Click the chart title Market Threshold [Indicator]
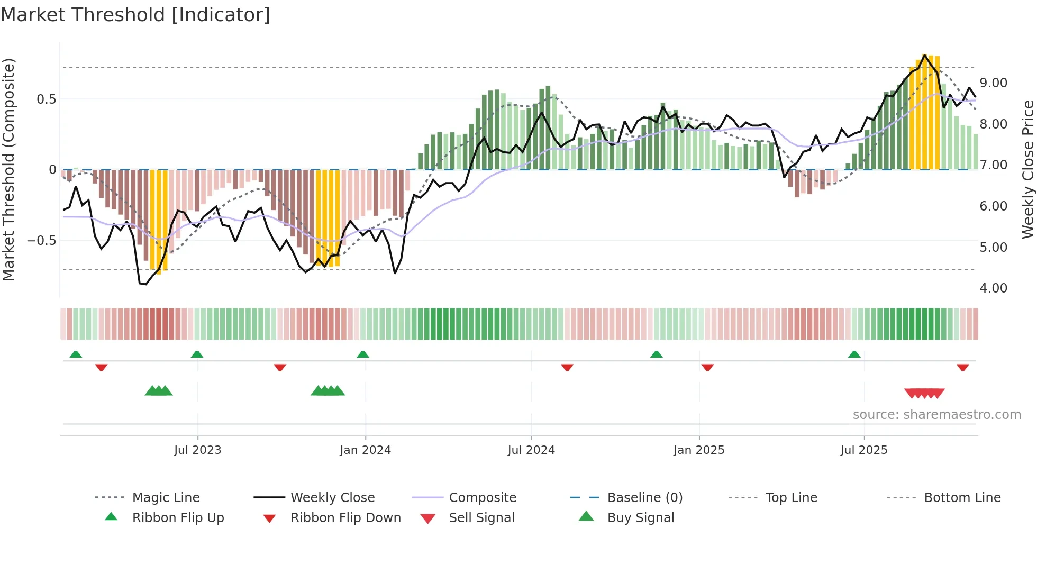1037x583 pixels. [135, 15]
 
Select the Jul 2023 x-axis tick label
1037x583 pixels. [197, 450]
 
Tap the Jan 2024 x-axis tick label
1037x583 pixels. [365, 450]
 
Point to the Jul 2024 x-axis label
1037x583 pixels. [531, 450]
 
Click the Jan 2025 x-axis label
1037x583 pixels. [699, 450]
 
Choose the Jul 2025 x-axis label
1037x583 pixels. [864, 450]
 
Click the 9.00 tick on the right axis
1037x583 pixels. [993, 83]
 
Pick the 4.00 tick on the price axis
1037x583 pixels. [993, 288]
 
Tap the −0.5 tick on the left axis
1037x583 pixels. [42, 241]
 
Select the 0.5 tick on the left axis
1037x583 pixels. [46, 99]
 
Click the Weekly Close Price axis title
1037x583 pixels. [1027, 169]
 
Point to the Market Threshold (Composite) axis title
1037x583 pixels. [8, 169]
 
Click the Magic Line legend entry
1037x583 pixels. [166, 498]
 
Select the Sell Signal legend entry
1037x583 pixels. [481, 518]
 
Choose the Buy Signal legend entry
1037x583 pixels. [640, 518]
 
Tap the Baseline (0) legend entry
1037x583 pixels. [644, 498]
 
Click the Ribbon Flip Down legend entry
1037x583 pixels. [345, 518]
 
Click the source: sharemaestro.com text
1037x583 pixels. [936, 415]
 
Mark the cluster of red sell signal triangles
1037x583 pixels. [924, 393]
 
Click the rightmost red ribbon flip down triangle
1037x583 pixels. [962, 367]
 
